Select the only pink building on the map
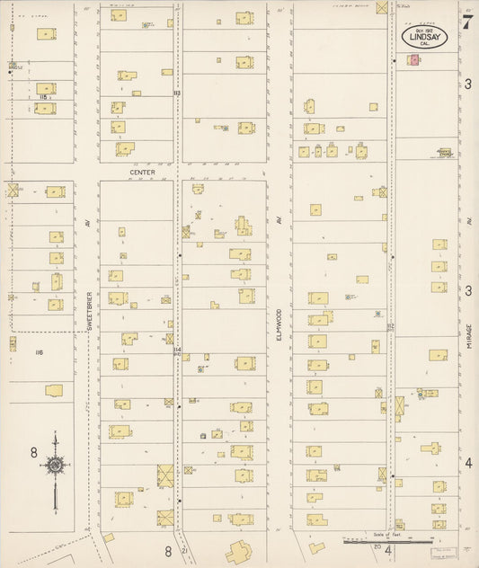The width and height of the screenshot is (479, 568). tap(414, 59)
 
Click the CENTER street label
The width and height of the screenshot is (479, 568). tap(142, 172)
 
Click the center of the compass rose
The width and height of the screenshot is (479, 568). tap(56, 465)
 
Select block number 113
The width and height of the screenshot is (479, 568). tap(177, 93)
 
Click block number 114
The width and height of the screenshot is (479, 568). tap(177, 349)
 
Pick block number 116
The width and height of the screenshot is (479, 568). tap(39, 352)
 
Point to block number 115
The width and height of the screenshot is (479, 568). tap(43, 97)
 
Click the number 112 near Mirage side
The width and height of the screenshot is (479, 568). tap(390, 326)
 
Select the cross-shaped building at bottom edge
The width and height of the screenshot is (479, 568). tap(239, 553)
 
